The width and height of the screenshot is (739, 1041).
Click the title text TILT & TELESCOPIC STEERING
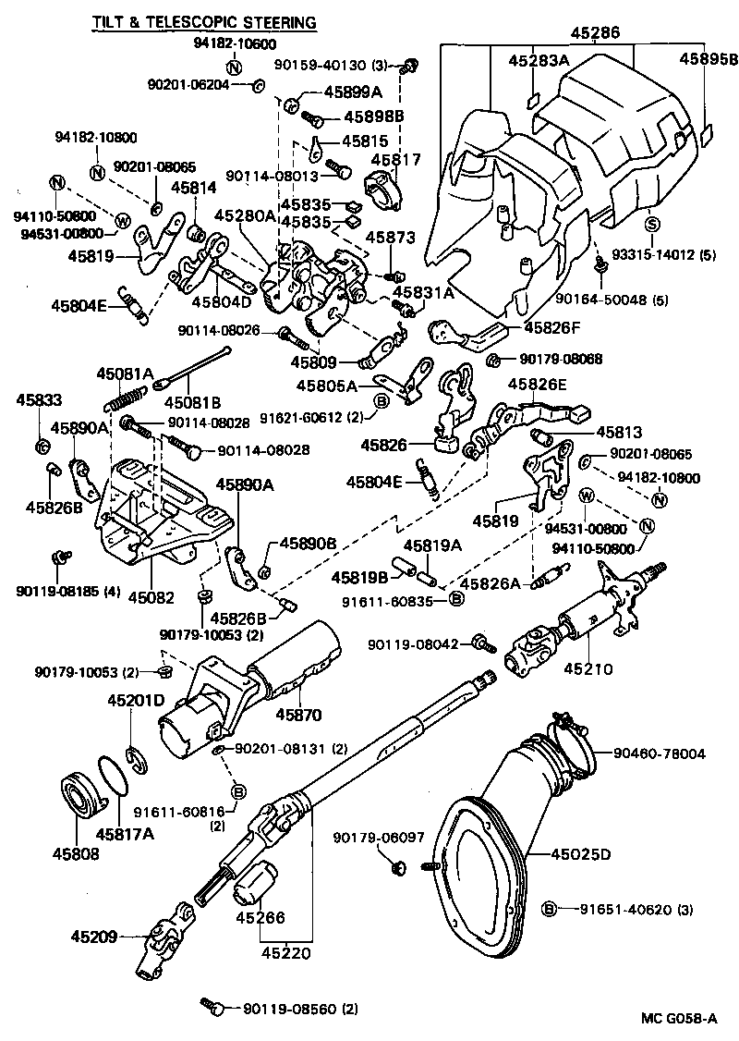202,21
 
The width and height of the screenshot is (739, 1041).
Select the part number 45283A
539,61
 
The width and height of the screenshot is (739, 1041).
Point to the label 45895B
709,58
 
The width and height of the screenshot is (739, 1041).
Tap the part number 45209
93,937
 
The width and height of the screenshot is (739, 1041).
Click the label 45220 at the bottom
285,952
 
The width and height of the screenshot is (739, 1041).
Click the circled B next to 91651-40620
549,909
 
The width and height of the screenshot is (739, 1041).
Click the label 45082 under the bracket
151,598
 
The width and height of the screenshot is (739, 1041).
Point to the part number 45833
37,399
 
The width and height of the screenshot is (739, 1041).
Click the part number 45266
260,918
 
